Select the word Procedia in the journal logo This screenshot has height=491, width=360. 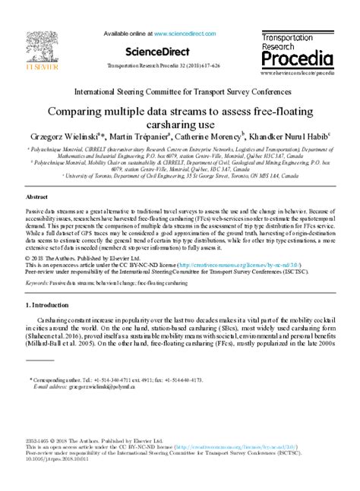click(x=297, y=58)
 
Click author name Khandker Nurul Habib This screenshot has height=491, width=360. click(x=295, y=138)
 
